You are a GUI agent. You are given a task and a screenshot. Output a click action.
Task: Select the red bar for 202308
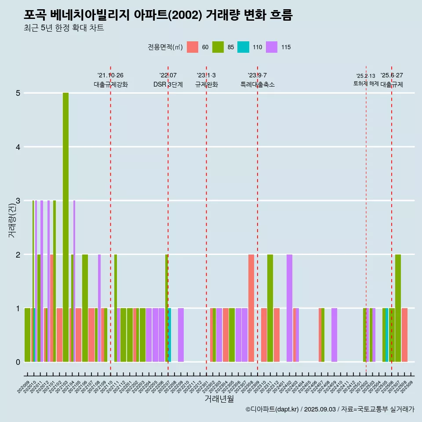(x=251, y=308)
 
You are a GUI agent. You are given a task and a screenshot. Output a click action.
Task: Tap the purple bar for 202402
(x=289, y=308)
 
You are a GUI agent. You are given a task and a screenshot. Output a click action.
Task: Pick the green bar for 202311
(x=270, y=308)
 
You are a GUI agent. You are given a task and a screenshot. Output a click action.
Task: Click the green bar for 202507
(x=398, y=308)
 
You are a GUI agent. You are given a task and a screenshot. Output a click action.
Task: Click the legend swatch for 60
(x=193, y=47)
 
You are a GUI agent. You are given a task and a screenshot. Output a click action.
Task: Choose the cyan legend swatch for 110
(x=243, y=47)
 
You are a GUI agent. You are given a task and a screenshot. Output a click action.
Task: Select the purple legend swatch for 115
(x=272, y=47)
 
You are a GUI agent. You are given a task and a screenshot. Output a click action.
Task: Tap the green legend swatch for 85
(x=218, y=47)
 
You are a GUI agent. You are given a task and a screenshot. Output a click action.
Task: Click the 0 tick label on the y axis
(x=18, y=362)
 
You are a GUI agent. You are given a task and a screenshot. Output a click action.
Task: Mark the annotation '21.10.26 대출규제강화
(x=110, y=80)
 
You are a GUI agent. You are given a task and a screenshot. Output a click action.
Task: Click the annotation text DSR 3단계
(x=168, y=84)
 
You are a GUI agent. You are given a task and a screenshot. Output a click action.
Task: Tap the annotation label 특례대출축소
(x=257, y=84)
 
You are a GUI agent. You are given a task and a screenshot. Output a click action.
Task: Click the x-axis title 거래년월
(x=219, y=399)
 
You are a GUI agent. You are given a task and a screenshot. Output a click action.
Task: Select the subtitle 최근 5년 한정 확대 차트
(x=64, y=28)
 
